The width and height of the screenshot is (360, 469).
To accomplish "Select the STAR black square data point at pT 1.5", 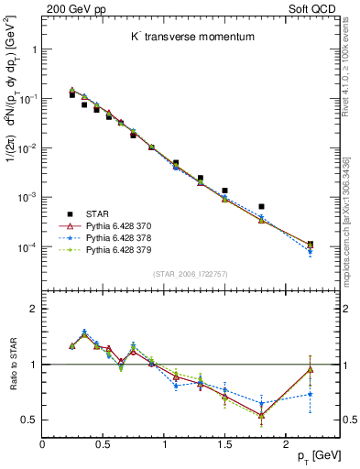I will (x=224, y=191).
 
